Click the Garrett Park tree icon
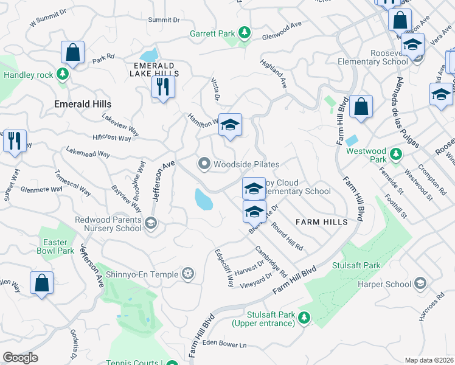click(245, 32)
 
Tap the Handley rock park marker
click(62, 74)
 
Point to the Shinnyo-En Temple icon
click(189, 274)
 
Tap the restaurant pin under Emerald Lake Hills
click(163, 86)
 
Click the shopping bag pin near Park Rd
click(73, 53)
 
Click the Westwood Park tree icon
click(397, 152)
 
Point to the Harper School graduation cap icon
click(420, 283)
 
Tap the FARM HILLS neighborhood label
click(321, 222)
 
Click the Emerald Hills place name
click(83, 104)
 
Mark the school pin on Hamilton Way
click(230, 125)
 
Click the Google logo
click(20, 358)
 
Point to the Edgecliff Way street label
click(223, 268)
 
